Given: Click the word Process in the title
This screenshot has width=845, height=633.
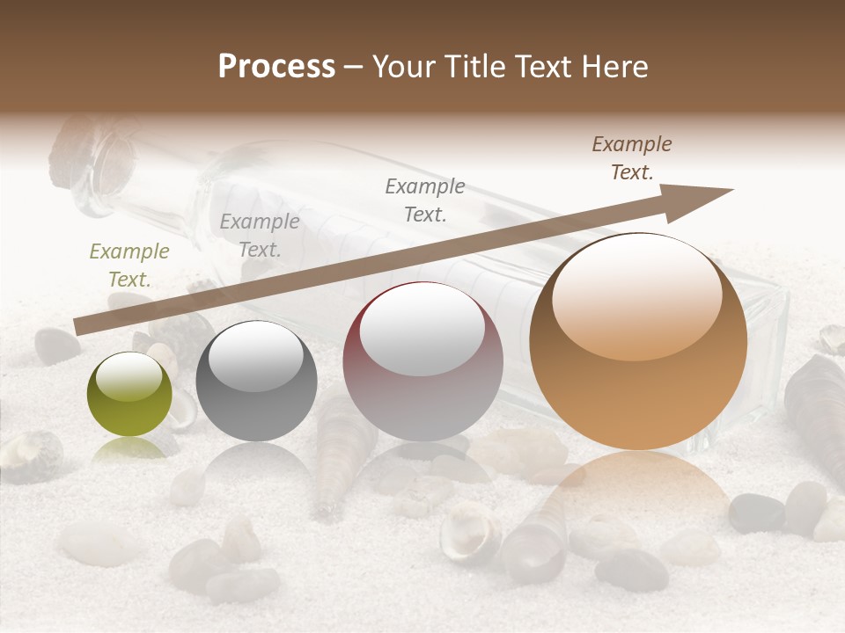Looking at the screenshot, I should point(276,67).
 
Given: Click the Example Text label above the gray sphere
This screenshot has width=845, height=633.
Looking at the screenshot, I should point(260,235).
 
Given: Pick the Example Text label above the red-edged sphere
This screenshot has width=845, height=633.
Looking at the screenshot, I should point(425,200).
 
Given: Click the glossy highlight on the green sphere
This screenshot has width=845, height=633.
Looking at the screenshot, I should point(129,378).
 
